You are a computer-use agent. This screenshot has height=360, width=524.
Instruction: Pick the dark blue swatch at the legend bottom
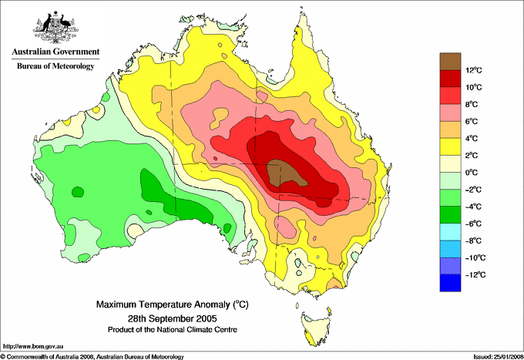(449, 283)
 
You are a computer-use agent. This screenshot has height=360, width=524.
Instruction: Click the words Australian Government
(55, 52)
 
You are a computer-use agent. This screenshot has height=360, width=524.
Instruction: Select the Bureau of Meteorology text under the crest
(55, 66)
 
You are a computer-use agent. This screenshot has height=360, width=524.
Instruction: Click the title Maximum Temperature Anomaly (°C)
(173, 305)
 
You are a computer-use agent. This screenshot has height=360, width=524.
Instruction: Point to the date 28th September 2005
(173, 318)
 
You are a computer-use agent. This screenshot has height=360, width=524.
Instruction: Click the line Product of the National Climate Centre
(173, 330)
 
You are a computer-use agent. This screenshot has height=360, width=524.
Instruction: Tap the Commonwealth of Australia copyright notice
(92, 356)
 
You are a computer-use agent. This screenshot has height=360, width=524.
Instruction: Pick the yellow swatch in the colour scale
(449, 146)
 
